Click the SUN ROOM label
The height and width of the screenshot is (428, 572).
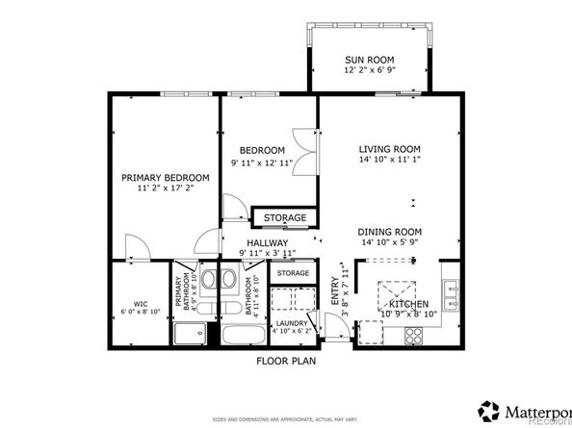point(370,61)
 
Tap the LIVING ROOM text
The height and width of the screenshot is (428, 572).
point(390,149)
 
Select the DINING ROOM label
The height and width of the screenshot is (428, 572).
point(390,231)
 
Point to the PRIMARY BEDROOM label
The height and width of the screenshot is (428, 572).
point(165,178)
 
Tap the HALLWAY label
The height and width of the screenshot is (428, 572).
point(267,242)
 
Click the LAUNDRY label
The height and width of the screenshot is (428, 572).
point(291,323)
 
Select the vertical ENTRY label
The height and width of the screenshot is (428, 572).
point(336,290)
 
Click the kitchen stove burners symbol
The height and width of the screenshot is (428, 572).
point(415,336)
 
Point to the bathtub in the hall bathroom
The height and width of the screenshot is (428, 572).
point(243,337)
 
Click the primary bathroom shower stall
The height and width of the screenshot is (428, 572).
point(190,335)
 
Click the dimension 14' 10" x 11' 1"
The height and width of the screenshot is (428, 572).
point(390,162)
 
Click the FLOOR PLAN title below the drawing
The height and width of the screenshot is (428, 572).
point(286,362)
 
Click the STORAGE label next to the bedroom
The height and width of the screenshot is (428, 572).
point(286,217)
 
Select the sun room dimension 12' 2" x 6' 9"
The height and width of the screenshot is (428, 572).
point(370,73)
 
